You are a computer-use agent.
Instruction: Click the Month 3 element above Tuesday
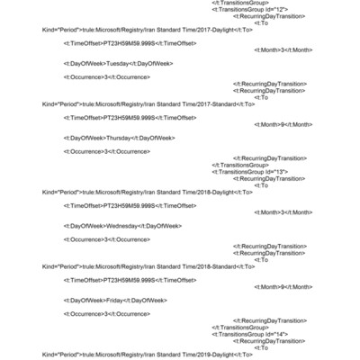pos(283,49)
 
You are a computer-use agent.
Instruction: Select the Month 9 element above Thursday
pos(283,124)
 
